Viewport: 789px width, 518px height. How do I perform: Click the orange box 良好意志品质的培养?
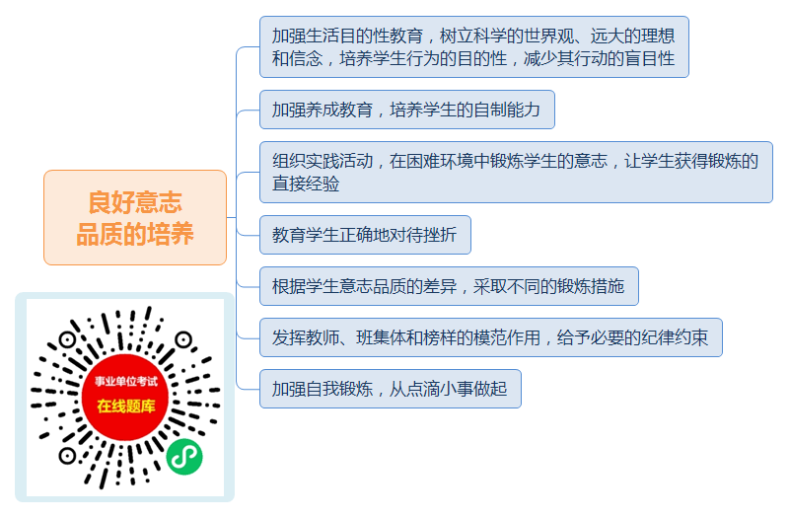[135, 217]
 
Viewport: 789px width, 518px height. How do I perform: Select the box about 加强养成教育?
[407, 110]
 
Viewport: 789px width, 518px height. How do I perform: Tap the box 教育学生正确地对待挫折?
[365, 235]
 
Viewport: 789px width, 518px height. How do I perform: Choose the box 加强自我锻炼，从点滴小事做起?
[391, 389]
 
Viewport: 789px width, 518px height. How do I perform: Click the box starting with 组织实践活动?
[516, 172]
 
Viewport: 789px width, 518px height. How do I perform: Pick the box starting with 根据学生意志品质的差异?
[449, 286]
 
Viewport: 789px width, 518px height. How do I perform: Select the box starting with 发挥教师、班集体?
[491, 337]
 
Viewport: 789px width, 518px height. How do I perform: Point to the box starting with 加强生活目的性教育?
[474, 46]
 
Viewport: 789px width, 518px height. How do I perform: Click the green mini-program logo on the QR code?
[184, 457]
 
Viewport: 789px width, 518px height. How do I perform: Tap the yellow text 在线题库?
[126, 406]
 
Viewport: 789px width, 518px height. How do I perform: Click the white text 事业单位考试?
[126, 382]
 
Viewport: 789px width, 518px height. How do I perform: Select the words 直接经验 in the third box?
[306, 184]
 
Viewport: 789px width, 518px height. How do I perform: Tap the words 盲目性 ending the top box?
[650, 58]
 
